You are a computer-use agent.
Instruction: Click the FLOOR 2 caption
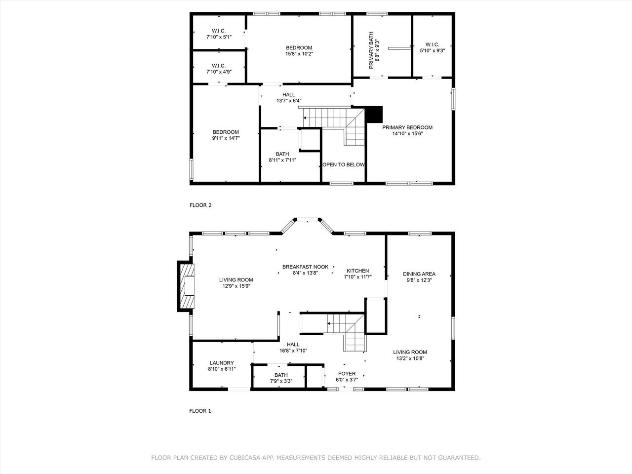click(x=200, y=205)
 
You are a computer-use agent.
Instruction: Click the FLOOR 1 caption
click(x=200, y=411)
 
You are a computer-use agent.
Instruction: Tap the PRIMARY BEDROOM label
click(x=407, y=127)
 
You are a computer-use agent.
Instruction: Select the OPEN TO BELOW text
click(x=344, y=164)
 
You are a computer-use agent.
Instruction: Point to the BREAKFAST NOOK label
click(x=305, y=267)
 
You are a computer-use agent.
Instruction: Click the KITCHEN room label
click(x=357, y=271)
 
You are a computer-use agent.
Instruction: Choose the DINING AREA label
click(x=419, y=274)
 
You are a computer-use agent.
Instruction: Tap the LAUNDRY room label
click(x=222, y=363)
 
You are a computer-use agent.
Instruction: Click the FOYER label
click(x=347, y=374)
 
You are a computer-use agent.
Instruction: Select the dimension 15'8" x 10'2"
click(x=299, y=54)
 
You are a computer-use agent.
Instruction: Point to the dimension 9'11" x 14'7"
click(x=226, y=138)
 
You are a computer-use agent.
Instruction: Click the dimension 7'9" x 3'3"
click(x=281, y=381)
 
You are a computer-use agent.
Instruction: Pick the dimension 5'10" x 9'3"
click(x=432, y=51)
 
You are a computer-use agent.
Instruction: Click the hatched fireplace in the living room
click(x=186, y=286)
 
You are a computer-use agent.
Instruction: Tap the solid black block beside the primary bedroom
click(x=373, y=114)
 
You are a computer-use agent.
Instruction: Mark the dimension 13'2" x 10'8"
click(x=410, y=358)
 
